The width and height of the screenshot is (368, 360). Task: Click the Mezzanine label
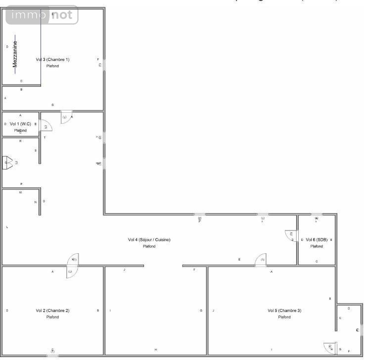point(15,53)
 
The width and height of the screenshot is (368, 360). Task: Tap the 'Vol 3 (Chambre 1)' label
point(52,60)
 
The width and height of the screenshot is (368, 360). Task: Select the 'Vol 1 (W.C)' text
point(20,124)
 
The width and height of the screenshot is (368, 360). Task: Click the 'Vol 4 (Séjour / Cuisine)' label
point(149,240)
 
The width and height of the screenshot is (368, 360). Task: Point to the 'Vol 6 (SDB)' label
point(316,240)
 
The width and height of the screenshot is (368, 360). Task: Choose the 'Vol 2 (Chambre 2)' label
point(52,311)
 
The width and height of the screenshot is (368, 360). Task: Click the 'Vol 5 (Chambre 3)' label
point(284,311)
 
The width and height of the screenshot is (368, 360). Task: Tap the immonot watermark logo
point(42,15)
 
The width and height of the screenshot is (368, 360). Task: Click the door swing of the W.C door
point(46,126)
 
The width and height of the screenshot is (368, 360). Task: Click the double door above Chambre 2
point(72,266)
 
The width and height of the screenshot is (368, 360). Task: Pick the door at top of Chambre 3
point(261,260)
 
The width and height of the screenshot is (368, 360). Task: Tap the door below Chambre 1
point(66,117)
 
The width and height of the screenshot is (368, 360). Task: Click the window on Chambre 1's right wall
point(103,64)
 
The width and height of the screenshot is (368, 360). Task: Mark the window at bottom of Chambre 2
point(52,355)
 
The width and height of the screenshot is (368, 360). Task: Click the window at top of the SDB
point(317,215)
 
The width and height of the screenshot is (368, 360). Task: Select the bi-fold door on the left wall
point(8,162)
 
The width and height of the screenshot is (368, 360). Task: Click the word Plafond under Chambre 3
point(284,317)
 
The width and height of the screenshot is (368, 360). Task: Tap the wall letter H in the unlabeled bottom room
point(156,350)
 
